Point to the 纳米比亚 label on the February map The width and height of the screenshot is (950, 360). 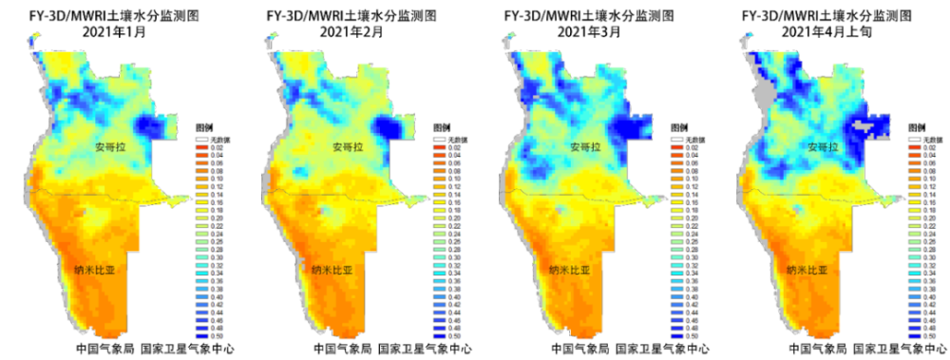333,271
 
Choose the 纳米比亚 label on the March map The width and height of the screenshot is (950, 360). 569,271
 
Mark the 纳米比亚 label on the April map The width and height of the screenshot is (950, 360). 807,271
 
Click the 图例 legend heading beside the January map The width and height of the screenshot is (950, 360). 203,126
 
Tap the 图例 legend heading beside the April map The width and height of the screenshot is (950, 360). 916,126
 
